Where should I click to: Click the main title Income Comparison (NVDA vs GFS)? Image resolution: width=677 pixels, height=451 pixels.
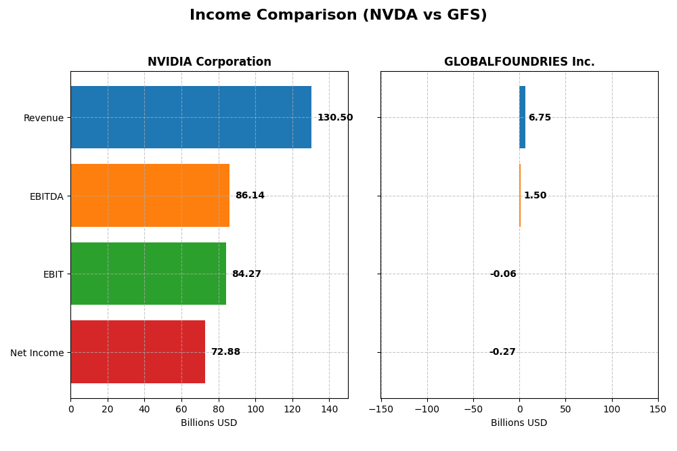click(x=338, y=15)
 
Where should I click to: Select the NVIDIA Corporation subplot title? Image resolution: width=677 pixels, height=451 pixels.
click(x=209, y=62)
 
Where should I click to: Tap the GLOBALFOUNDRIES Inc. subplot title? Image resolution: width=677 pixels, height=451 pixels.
click(x=519, y=62)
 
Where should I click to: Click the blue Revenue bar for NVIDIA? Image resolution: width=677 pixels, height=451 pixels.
click(x=191, y=117)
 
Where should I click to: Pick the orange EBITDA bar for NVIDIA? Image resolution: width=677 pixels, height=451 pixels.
click(x=150, y=196)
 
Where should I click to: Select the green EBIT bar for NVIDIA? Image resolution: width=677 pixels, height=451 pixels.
click(x=148, y=274)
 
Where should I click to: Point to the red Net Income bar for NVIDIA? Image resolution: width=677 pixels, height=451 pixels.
click(x=137, y=352)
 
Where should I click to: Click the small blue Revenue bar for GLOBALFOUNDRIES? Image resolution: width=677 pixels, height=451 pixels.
click(x=522, y=117)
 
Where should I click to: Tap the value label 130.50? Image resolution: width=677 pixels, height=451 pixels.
click(x=335, y=118)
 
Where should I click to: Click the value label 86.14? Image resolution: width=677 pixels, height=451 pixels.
click(x=250, y=196)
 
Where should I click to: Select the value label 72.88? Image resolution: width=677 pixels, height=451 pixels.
click(x=225, y=352)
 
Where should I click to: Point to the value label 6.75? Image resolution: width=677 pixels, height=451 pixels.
click(x=540, y=118)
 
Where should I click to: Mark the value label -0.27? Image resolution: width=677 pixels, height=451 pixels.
click(x=502, y=352)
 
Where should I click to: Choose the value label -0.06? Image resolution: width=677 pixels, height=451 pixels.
click(x=503, y=274)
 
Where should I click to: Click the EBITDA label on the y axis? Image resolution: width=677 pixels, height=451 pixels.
click(x=47, y=196)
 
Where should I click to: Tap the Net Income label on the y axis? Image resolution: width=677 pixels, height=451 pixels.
click(x=37, y=353)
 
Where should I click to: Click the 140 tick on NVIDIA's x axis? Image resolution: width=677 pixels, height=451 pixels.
click(x=329, y=409)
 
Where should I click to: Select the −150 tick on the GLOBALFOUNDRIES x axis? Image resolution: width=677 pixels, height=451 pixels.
click(x=380, y=409)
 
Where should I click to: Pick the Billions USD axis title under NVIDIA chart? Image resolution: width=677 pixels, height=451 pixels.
click(x=209, y=423)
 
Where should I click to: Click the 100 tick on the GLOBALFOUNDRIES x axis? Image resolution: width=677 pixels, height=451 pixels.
click(x=612, y=409)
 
